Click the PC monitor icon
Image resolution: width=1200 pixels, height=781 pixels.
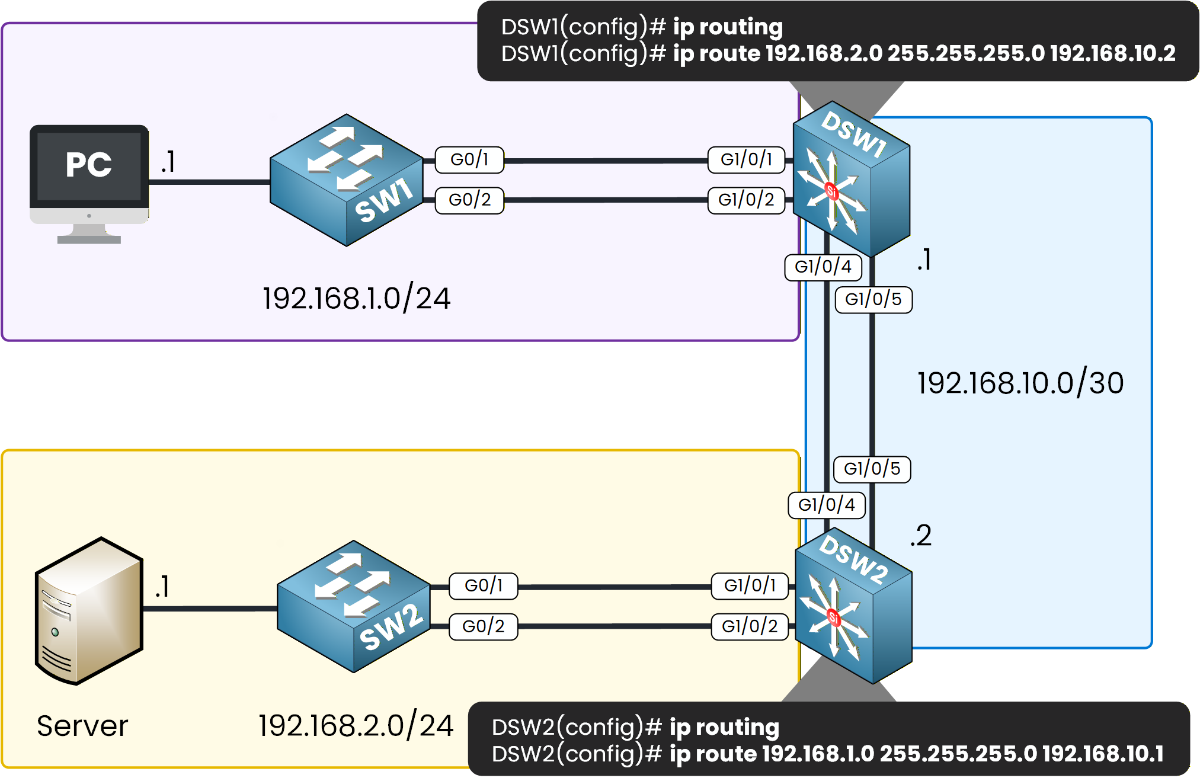click(89, 178)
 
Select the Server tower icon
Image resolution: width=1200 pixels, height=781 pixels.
click(89, 610)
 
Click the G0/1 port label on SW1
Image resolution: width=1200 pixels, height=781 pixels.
click(469, 159)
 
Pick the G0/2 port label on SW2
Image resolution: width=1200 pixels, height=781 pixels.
click(483, 626)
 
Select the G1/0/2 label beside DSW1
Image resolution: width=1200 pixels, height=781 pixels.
click(746, 200)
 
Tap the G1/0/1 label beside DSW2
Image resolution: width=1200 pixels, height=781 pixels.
click(750, 585)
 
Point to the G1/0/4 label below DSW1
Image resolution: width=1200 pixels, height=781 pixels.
click(823, 267)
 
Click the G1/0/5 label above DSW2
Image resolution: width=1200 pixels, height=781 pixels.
click(872, 469)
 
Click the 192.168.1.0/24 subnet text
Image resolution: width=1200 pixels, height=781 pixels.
click(356, 298)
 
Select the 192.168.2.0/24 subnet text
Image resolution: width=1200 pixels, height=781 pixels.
click(356, 725)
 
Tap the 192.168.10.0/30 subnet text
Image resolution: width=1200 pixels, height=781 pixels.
click(1020, 383)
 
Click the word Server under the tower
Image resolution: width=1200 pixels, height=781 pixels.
click(82, 726)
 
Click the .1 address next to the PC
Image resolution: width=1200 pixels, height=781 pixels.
click(168, 162)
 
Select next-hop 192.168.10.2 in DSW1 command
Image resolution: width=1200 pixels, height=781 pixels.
click(1112, 53)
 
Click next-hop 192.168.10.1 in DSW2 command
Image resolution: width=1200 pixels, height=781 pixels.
click(1103, 754)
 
